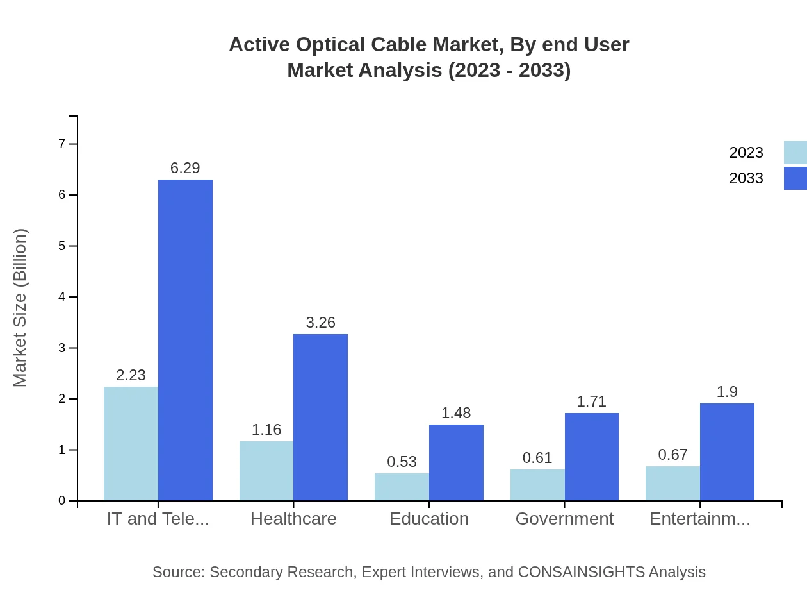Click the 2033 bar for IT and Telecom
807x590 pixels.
[x=185, y=340]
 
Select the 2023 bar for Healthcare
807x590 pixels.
[x=266, y=471]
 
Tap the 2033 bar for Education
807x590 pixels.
[x=456, y=462]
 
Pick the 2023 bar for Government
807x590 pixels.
[x=537, y=485]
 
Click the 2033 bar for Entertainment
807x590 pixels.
[x=727, y=452]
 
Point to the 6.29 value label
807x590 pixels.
[x=185, y=168]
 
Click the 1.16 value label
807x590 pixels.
[x=266, y=430]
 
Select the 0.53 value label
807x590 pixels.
[x=402, y=462]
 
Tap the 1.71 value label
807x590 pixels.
[x=591, y=401]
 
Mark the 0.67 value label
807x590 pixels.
[x=673, y=455]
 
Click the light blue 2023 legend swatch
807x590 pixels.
[x=795, y=153]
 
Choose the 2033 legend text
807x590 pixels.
[x=746, y=178]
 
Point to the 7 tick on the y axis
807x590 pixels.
[x=62, y=144]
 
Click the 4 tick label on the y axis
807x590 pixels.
[x=62, y=297]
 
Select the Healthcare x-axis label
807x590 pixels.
[x=293, y=518]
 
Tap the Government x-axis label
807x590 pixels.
[x=564, y=518]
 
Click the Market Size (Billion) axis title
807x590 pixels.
[x=20, y=308]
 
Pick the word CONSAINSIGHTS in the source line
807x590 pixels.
[x=581, y=571]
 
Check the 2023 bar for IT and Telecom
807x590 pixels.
[x=131, y=443]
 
